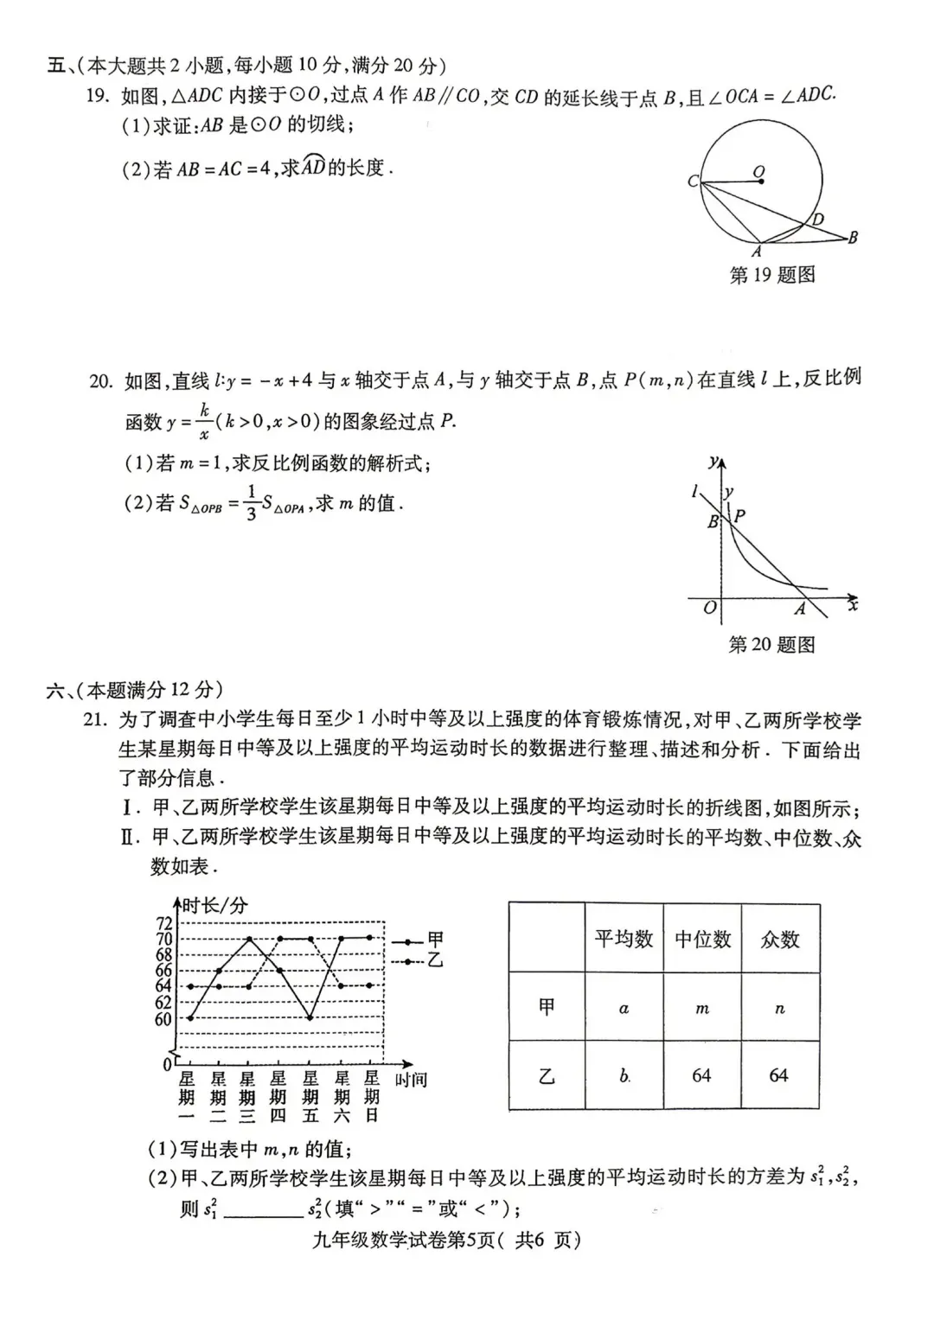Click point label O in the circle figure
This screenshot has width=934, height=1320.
tap(758, 172)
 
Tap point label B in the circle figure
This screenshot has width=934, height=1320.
tap(853, 237)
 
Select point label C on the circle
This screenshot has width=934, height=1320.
tap(693, 182)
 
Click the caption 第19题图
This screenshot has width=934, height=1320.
tap(772, 276)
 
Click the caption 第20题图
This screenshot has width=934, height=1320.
tap(771, 645)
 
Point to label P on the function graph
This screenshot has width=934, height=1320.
tap(740, 516)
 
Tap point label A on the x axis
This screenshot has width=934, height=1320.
tap(800, 609)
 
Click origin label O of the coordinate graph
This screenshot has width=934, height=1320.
tap(709, 608)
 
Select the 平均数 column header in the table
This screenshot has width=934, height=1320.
tap(624, 939)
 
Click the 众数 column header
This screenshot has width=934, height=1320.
tap(779, 939)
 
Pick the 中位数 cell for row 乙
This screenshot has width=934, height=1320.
tap(701, 1075)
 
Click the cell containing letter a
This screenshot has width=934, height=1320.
tap(624, 1008)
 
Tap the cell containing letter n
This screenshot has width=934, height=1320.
tap(779, 1008)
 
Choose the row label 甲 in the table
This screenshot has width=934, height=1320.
tap(547, 1008)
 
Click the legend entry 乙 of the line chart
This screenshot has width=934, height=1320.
tap(435, 960)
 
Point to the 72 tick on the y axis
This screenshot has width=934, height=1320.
tap(164, 923)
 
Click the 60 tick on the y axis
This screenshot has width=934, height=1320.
tap(164, 1018)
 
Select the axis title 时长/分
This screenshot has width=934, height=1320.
tap(214, 905)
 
